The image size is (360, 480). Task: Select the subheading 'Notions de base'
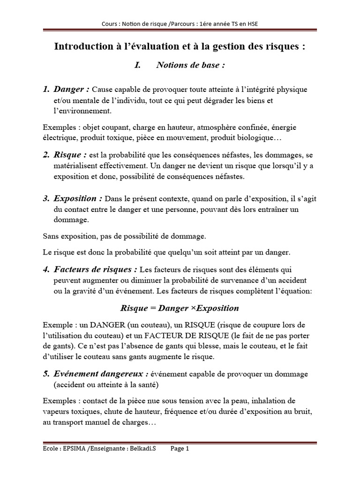point(190,65)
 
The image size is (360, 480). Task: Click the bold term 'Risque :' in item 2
point(71,155)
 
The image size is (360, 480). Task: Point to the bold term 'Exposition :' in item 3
point(78,198)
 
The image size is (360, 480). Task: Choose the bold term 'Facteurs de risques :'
point(96,270)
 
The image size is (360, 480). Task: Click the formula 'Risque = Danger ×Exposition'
point(180,308)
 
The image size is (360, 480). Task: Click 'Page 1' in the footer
point(180,449)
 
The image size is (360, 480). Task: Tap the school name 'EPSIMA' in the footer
point(73,449)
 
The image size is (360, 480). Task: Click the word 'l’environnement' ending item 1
point(82,111)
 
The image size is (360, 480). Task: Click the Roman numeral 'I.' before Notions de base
point(137,65)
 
